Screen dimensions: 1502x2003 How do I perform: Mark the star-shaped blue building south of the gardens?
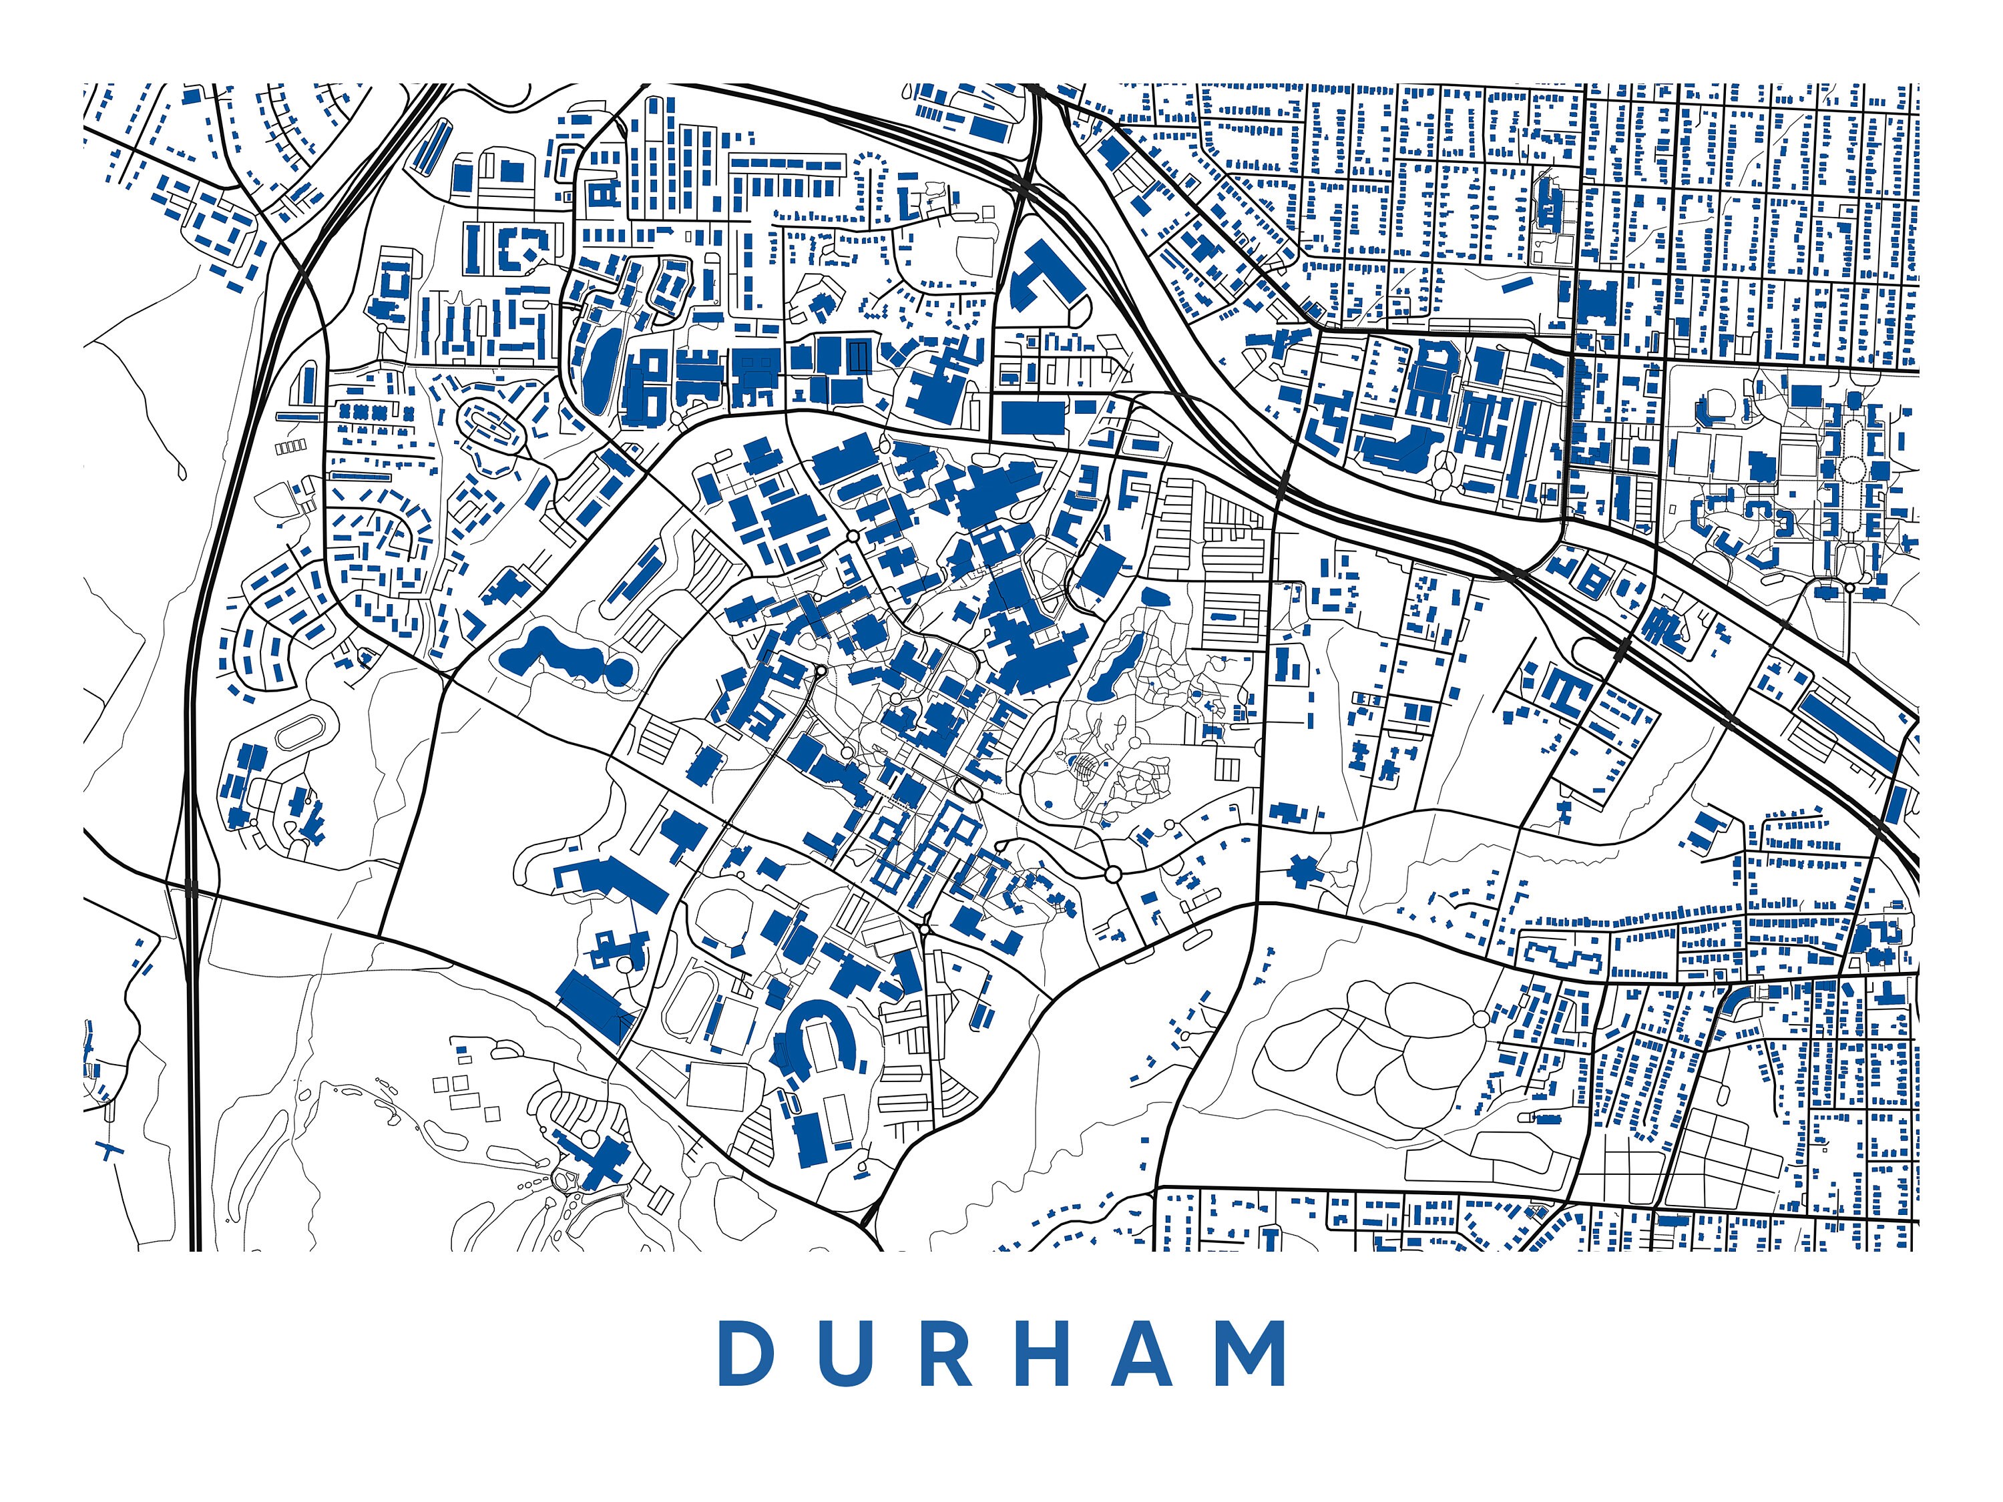click(1303, 871)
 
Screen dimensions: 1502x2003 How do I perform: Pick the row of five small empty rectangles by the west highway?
click(290, 447)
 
